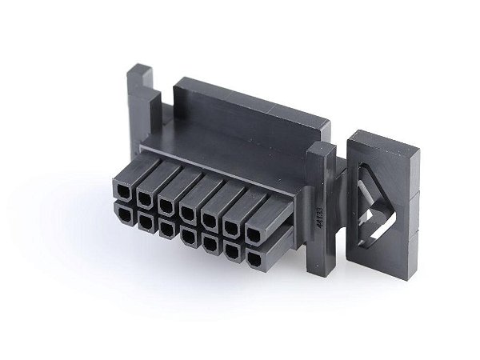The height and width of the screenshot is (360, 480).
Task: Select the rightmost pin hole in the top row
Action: point(253,235)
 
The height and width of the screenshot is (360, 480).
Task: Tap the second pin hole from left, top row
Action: point(145,198)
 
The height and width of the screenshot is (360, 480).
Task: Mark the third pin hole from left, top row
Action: point(166,205)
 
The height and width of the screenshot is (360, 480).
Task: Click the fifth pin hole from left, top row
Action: point(210,219)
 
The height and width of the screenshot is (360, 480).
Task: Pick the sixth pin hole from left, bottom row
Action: point(232,251)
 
